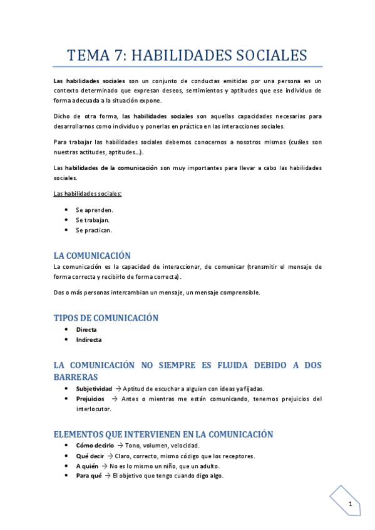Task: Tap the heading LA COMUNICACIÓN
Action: (92, 255)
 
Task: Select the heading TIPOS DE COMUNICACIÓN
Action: (106, 317)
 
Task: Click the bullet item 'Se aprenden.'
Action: (95, 210)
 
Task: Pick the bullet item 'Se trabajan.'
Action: (93, 220)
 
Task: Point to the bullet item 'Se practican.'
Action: (94, 230)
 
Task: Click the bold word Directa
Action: (86, 329)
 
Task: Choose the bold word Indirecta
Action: (89, 339)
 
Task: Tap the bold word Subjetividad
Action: (94, 388)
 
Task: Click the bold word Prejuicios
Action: (90, 398)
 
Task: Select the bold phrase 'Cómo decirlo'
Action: (95, 446)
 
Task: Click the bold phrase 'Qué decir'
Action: (90, 456)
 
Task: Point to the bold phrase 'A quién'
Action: (88, 466)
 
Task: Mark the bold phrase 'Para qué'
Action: (88, 476)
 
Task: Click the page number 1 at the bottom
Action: (351, 504)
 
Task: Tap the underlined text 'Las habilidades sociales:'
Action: (88, 193)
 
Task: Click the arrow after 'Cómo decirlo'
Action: (120, 446)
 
